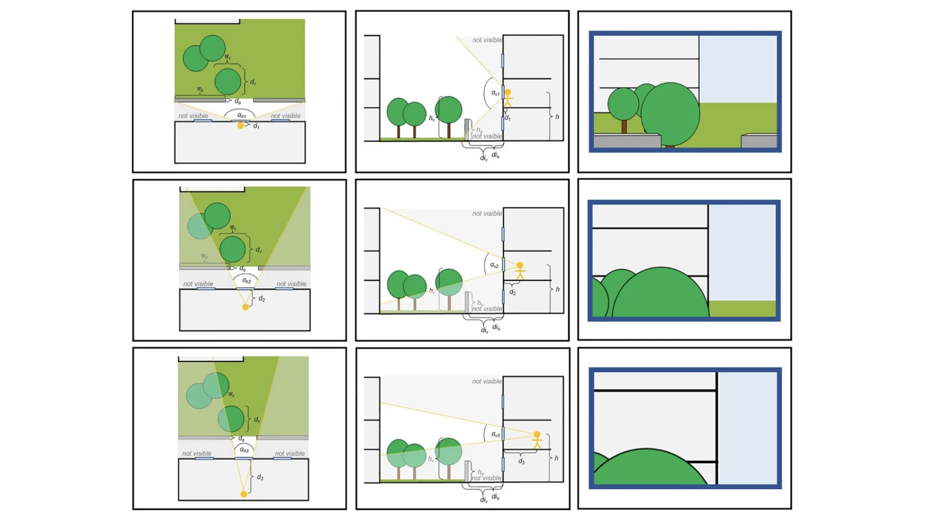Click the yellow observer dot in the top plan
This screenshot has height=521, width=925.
pyautogui.click(x=240, y=125)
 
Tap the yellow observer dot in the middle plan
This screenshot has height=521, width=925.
pyautogui.click(x=245, y=307)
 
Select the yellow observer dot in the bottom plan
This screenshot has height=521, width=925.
pyautogui.click(x=244, y=494)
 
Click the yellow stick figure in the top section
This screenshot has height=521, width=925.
pyautogui.click(x=508, y=98)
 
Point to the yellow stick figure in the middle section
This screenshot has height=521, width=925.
pyautogui.click(x=520, y=271)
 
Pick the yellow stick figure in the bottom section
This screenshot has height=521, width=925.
pyautogui.click(x=537, y=440)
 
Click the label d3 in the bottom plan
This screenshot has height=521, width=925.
pyautogui.click(x=260, y=477)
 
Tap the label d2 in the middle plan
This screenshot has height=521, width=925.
pyautogui.click(x=262, y=299)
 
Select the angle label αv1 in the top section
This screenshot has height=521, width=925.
pyautogui.click(x=495, y=93)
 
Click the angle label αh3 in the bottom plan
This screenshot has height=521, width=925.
pyautogui.click(x=244, y=450)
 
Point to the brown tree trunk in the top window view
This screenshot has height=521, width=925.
pyautogui.click(x=624, y=127)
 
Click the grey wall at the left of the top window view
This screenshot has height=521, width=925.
pyautogui.click(x=626, y=141)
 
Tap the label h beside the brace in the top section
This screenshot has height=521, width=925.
pyautogui.click(x=557, y=117)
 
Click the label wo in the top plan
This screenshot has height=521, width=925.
pyautogui.click(x=200, y=89)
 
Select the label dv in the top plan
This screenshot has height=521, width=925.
pyautogui.click(x=253, y=82)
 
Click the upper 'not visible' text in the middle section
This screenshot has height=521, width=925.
pyautogui.click(x=487, y=213)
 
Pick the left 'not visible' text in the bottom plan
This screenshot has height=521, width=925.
pyautogui.click(x=197, y=453)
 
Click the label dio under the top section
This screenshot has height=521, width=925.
pyautogui.click(x=495, y=155)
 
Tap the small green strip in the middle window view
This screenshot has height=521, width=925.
pyautogui.click(x=742, y=308)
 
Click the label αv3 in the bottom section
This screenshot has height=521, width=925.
pyautogui.click(x=495, y=434)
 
